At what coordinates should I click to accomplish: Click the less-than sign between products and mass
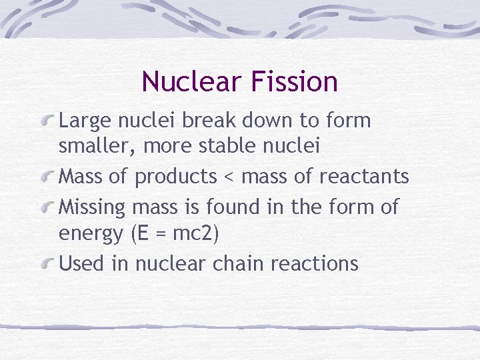click(229, 177)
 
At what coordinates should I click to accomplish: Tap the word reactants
click(364, 177)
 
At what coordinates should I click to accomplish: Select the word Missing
click(92, 207)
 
